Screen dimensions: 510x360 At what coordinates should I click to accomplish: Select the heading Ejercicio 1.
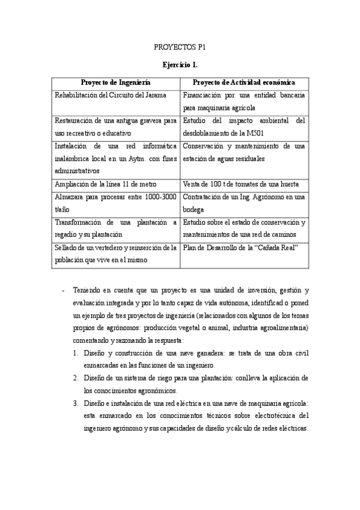point(180,64)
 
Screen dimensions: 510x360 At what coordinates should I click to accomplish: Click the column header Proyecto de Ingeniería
point(115,82)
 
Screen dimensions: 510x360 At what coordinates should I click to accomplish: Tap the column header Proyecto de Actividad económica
point(243,82)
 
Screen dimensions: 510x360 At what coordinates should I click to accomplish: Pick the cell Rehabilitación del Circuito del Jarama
point(111,95)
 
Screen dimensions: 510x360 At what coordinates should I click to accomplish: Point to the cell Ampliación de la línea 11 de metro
point(106,183)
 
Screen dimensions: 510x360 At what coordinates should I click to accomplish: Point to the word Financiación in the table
point(204,95)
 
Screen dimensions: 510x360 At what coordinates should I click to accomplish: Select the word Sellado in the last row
point(66,247)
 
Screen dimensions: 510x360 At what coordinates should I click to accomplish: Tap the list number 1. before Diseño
point(76,352)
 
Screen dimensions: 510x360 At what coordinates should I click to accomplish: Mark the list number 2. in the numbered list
point(76,378)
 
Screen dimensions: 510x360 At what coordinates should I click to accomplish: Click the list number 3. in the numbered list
point(76,403)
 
